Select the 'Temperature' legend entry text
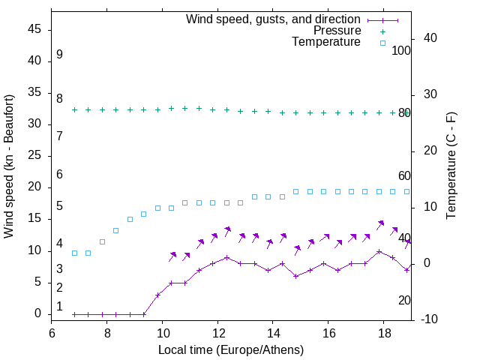326,42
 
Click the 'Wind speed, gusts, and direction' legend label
273,19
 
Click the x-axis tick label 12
217,332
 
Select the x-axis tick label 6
52,332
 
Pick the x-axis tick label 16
328,332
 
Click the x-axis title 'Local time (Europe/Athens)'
231,349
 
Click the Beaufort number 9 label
59,55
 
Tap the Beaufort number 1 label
59,306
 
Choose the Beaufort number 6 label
59,174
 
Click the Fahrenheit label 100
401,51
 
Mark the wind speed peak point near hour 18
379,251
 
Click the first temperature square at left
74,253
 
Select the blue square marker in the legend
382,43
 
